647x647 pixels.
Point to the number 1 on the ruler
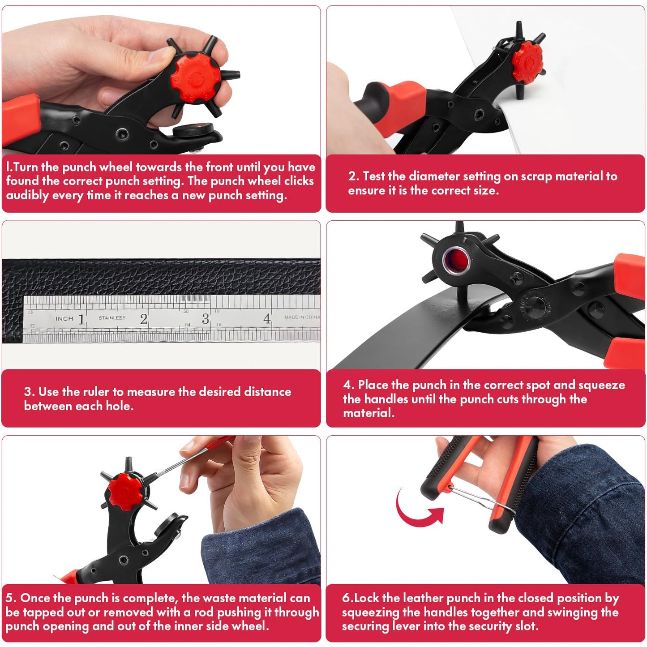(81, 319)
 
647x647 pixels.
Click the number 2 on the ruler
(143, 319)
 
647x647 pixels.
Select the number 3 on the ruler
(205, 319)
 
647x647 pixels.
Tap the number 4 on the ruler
(267, 319)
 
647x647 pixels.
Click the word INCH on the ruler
(64, 319)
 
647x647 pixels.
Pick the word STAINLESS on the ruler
(112, 318)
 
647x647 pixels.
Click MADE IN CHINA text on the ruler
(302, 317)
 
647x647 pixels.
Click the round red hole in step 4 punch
(456, 258)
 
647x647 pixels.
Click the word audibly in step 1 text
(27, 196)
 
